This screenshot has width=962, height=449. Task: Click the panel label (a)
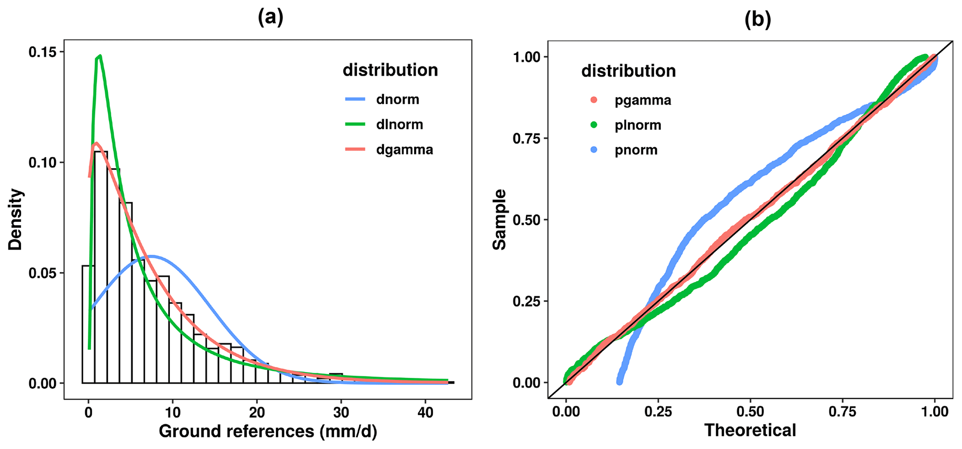[x=270, y=18]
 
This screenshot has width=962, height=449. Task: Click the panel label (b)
[x=758, y=20]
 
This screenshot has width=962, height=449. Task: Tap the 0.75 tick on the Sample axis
[x=527, y=138]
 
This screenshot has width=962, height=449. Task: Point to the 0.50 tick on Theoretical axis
[x=750, y=412]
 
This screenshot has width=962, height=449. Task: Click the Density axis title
[x=15, y=219]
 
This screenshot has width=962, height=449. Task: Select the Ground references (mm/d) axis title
[x=268, y=431]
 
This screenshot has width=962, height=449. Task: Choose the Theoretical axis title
[x=750, y=430]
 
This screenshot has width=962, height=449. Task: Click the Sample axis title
[x=500, y=219]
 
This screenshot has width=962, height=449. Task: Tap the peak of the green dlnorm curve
[x=100, y=56]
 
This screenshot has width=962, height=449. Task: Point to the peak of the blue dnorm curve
[x=151, y=256]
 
